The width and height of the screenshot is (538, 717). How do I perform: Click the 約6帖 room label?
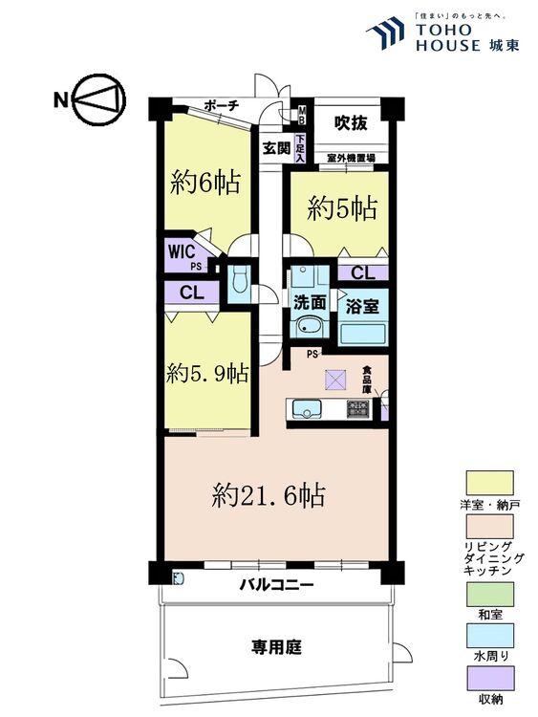(x=204, y=182)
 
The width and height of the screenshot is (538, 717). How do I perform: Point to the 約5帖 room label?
(x=341, y=209)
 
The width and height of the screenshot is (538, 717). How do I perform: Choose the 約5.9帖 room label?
(x=207, y=372)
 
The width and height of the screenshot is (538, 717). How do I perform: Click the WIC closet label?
(x=183, y=251)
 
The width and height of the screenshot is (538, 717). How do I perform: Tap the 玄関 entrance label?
(x=276, y=148)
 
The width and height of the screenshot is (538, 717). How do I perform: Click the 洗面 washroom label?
(x=310, y=302)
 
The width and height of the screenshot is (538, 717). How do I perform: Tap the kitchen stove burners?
(x=357, y=408)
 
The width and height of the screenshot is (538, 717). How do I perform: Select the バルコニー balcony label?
(x=276, y=584)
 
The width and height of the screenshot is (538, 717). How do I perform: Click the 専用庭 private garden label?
(x=276, y=647)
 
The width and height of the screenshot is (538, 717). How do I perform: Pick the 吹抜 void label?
(x=349, y=122)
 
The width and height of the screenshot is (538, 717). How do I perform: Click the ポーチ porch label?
(x=221, y=105)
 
